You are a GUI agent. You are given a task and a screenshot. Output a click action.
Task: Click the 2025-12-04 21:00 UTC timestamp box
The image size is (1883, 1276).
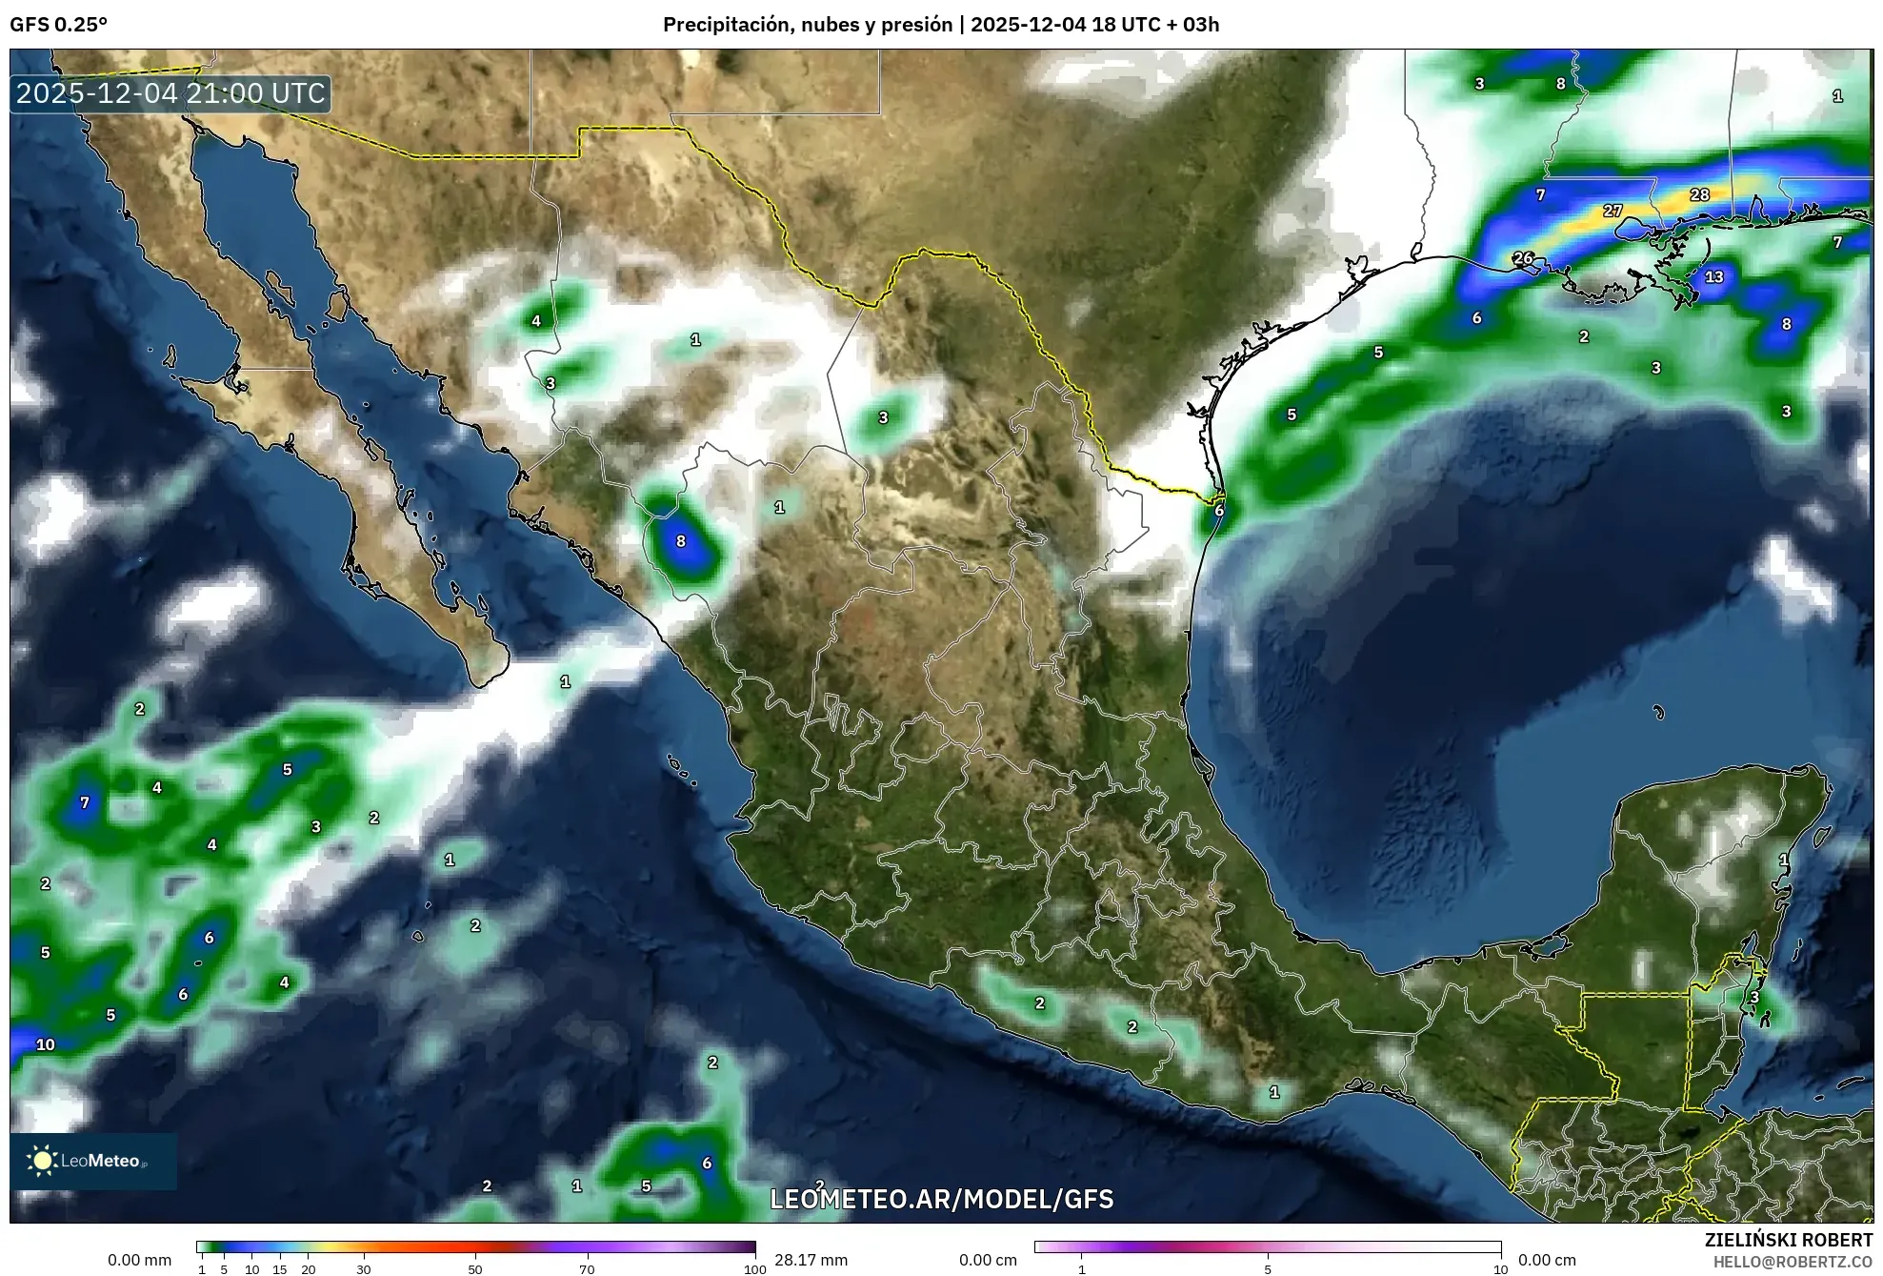pos(171,93)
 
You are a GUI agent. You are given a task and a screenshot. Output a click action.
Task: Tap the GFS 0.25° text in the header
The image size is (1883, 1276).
pos(58,25)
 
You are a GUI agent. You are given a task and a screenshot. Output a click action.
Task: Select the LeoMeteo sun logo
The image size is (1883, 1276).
pos(42,1161)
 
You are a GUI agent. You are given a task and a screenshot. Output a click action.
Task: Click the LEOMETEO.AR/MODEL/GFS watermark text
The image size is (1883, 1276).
pos(941,1199)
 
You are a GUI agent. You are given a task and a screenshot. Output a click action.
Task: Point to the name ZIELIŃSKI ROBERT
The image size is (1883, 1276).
pos(1788,1240)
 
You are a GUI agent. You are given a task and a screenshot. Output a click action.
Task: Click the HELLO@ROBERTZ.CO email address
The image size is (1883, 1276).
pos(1793,1262)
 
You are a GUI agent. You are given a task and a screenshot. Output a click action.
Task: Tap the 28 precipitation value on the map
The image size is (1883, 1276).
pos(1700,194)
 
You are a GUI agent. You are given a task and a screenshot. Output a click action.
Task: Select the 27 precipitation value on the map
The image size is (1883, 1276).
pos(1613,211)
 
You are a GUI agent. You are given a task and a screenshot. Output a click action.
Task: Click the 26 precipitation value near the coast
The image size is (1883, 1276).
pos(1523,258)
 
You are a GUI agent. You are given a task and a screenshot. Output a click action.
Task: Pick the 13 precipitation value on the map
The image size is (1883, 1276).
pos(1714,277)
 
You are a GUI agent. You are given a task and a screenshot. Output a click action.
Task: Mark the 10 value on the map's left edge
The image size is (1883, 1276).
pos(46,1044)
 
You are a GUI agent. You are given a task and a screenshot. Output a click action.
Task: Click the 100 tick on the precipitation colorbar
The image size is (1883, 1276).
pos(754,1269)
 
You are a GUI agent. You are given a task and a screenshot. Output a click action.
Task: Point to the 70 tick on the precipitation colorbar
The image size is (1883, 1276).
pos(587,1269)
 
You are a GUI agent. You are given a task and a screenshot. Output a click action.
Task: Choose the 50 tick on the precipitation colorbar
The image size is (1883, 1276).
pos(475,1269)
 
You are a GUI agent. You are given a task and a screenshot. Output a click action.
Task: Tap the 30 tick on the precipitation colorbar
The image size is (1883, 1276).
pos(364,1269)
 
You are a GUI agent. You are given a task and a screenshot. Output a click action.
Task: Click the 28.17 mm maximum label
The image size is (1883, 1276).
pos(811,1260)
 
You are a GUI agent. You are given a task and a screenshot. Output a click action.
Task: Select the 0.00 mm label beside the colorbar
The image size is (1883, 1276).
pos(140,1260)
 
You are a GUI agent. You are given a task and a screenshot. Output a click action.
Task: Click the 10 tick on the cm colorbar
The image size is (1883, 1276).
pos(1500,1269)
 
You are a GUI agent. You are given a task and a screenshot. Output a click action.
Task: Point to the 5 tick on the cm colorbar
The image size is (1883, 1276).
pos(1268,1269)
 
